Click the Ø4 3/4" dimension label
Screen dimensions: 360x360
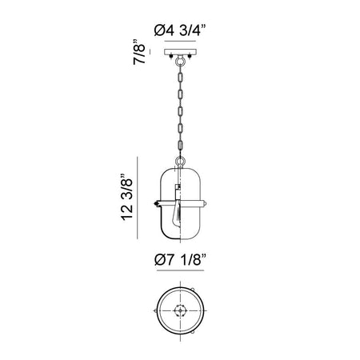(x=180, y=30)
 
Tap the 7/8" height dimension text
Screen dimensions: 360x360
(x=139, y=52)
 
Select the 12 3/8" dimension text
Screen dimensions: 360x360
(x=126, y=198)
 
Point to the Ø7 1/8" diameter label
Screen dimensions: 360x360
(x=180, y=259)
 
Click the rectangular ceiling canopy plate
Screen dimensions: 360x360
(x=180, y=52)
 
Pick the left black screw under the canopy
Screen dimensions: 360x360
(x=170, y=57)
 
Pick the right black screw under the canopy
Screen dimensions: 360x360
(x=190, y=57)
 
